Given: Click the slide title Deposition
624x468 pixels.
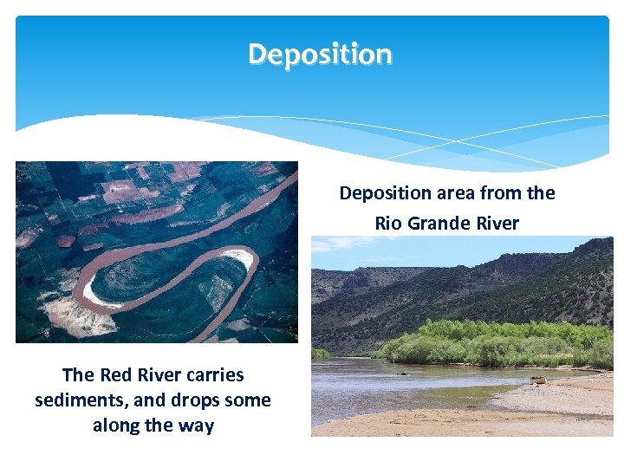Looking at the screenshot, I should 320,54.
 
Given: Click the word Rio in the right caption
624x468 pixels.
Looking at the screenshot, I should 388,223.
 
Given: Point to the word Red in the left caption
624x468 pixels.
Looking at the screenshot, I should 118,374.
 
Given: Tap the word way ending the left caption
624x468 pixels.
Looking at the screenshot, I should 196,426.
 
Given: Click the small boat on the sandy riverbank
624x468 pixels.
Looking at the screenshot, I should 539,380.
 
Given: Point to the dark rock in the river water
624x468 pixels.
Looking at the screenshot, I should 401,373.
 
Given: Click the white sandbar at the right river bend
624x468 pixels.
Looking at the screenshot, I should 239,257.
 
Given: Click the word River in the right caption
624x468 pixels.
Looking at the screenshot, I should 497,223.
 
